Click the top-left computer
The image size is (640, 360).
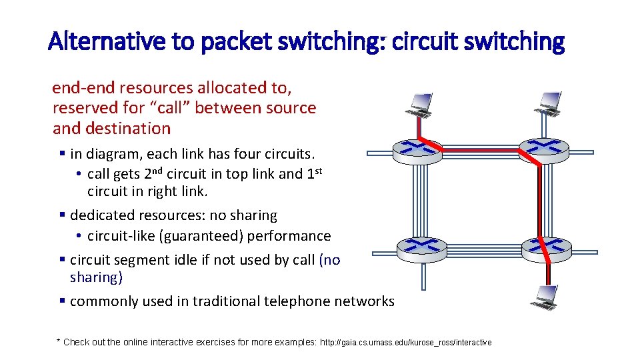pos(419,103)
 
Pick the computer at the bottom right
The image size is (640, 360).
pos(545,295)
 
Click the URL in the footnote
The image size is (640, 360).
pos(406,343)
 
